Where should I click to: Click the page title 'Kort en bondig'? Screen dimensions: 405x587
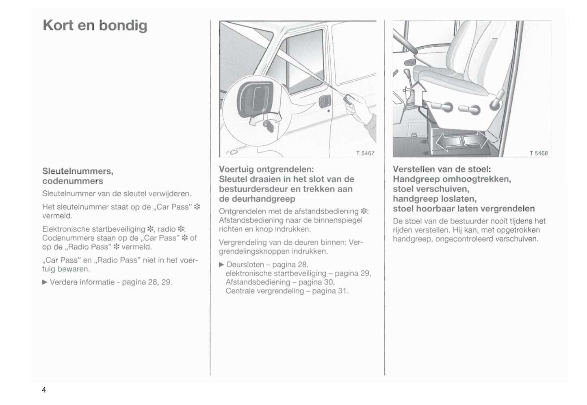tap(95, 26)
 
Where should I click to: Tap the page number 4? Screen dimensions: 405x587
tap(44, 390)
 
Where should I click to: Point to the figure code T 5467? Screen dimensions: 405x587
tap(365, 153)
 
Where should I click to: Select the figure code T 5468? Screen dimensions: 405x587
tap(538, 153)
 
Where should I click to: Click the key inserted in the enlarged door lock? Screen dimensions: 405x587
tap(268, 124)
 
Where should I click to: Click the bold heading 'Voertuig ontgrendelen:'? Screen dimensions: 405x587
tap(266, 169)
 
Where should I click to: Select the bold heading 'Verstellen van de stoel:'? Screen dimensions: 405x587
tap(442, 169)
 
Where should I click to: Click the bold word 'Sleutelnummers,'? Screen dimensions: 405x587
tap(78, 171)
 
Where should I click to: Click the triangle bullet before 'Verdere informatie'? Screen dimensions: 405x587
tap(45, 282)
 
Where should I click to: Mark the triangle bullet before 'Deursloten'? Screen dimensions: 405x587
tap(221, 265)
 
